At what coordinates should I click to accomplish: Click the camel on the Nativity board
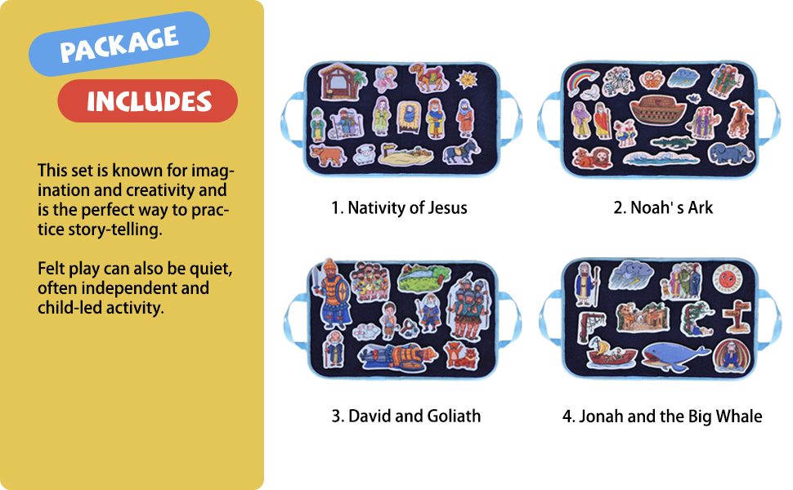click(x=428, y=78)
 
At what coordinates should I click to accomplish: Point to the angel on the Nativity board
click(x=385, y=79)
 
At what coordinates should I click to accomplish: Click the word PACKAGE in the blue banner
click(x=119, y=44)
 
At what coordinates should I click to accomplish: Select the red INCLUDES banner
click(x=148, y=101)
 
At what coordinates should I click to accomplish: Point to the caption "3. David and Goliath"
click(x=405, y=416)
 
